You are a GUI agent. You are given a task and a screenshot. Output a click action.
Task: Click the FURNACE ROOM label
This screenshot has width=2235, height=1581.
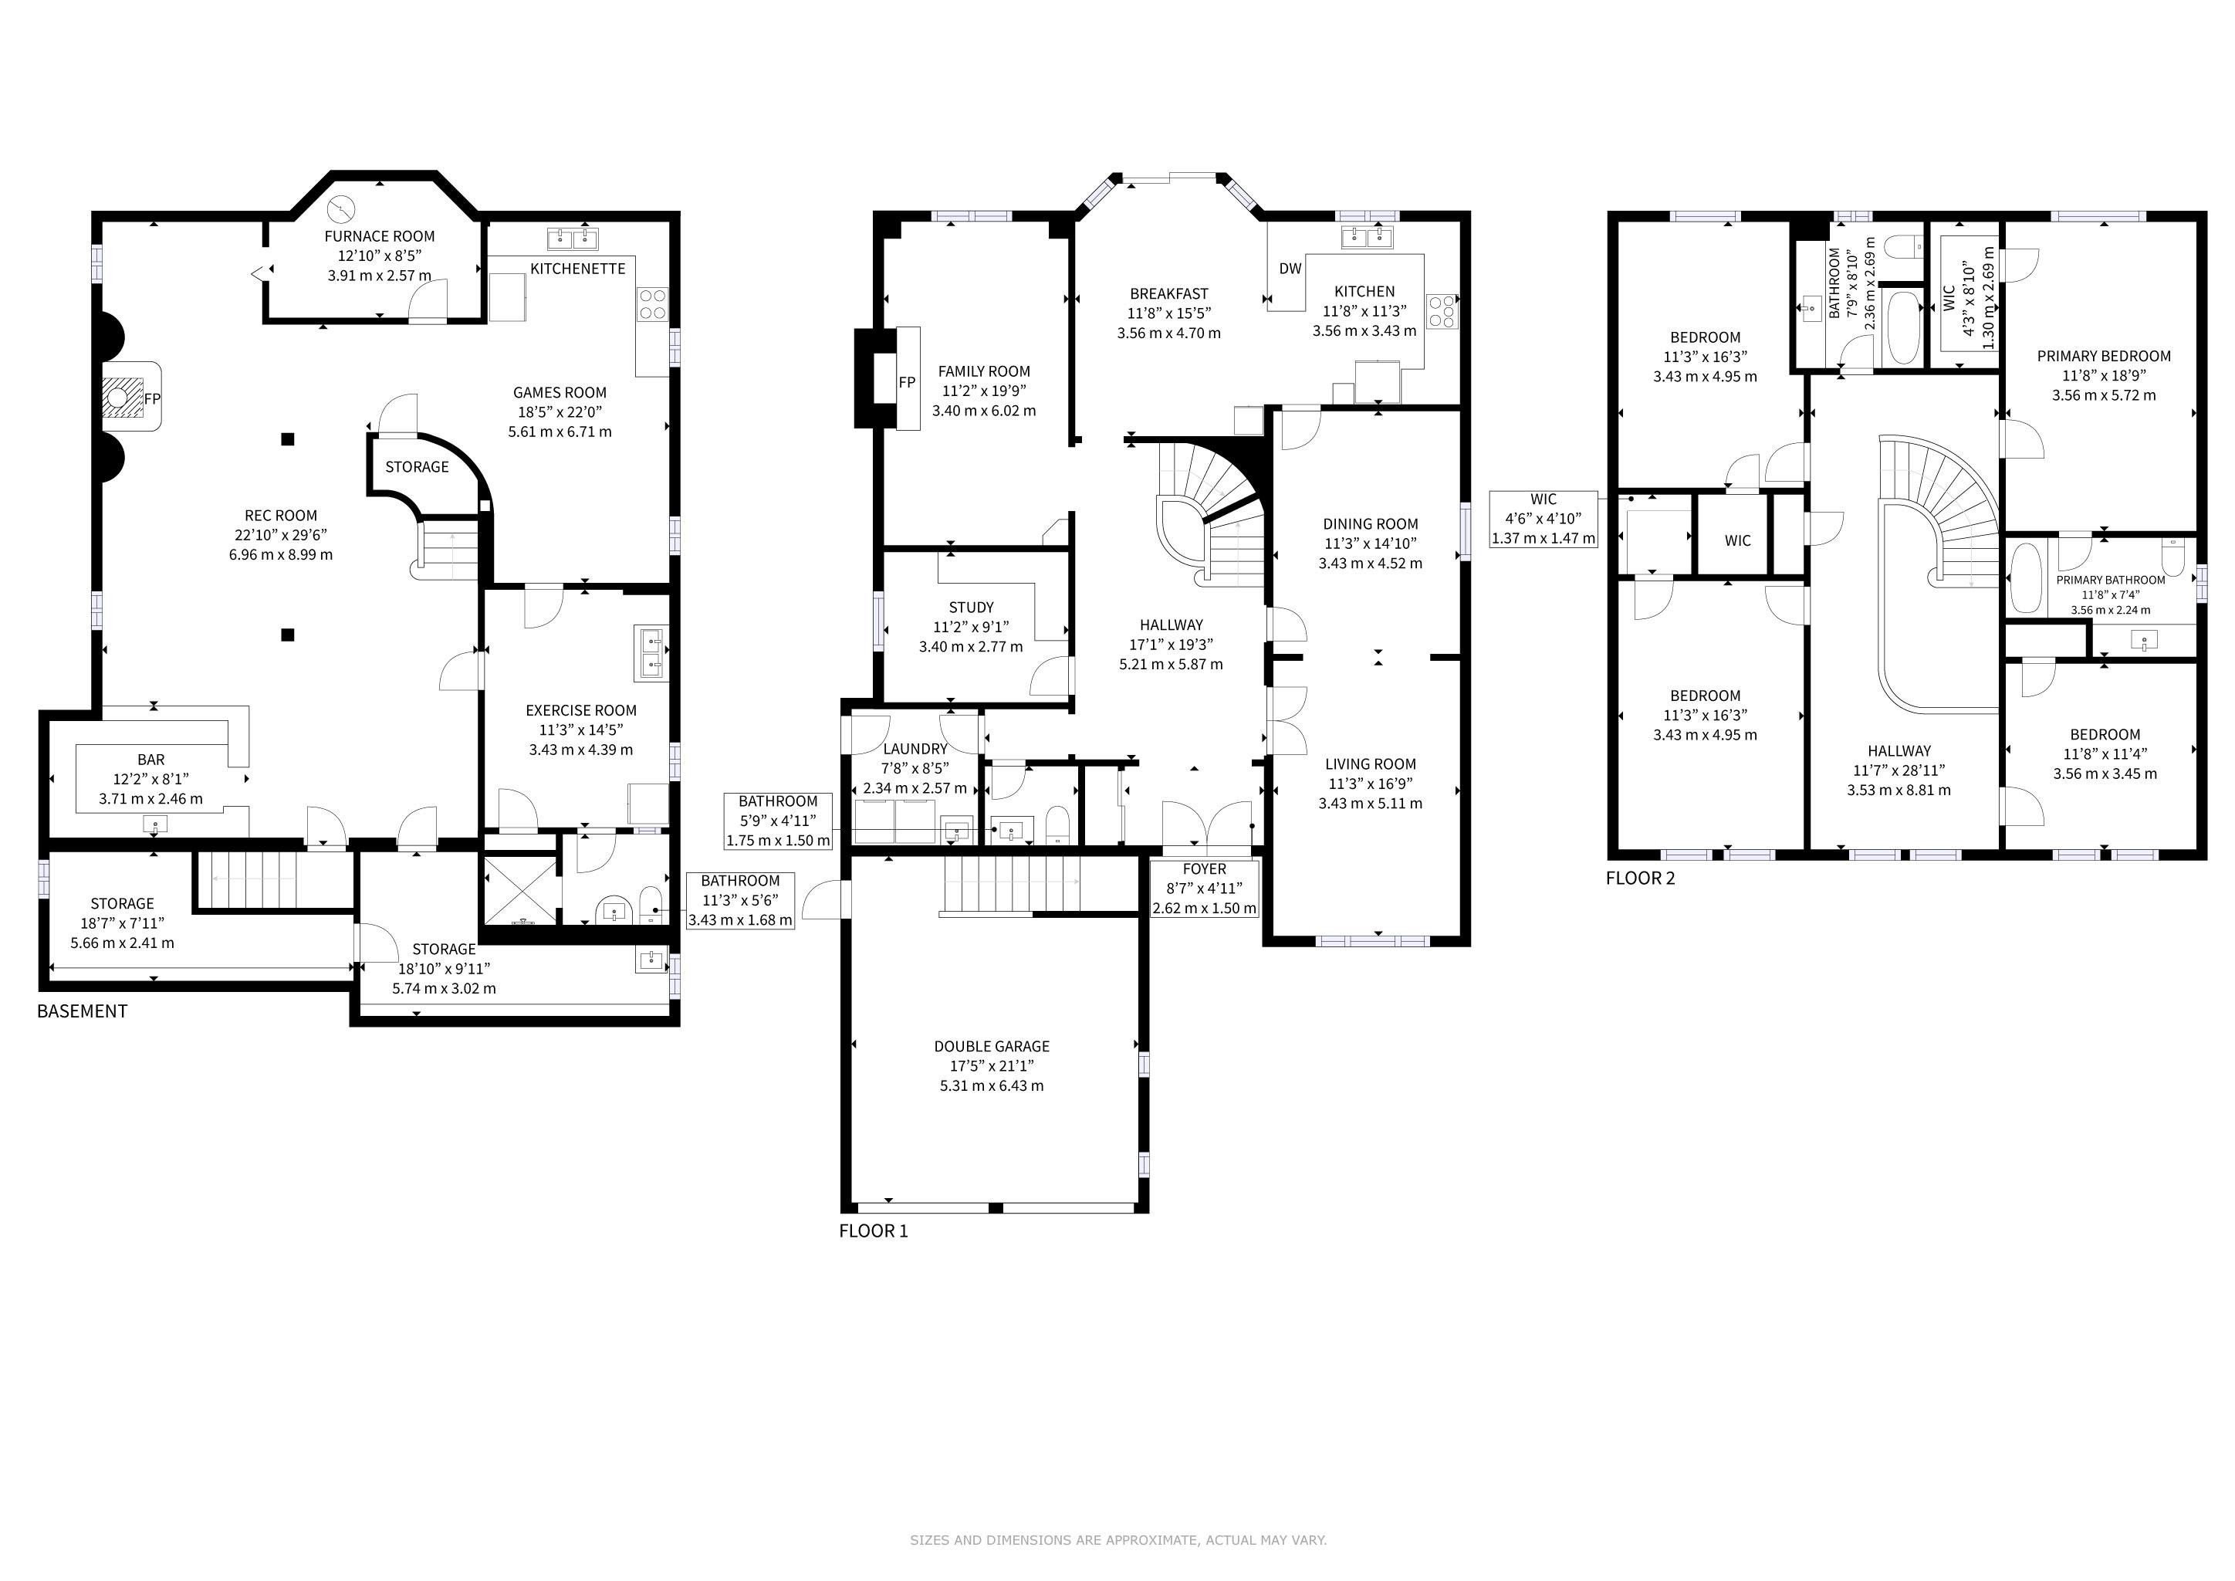pos(380,236)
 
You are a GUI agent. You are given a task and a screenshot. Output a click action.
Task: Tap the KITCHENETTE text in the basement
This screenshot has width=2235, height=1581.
pos(578,269)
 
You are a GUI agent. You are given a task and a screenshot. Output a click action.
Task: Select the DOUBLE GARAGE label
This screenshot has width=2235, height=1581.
pos(992,1047)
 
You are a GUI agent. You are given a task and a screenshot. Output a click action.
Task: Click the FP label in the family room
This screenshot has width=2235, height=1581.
pos(908,383)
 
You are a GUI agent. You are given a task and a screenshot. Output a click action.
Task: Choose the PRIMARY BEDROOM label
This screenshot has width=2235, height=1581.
pos(2105,357)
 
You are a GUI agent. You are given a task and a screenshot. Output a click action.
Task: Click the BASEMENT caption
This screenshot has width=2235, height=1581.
pos(83,1011)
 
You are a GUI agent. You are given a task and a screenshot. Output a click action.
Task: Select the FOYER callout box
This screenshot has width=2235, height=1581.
pos(1204,889)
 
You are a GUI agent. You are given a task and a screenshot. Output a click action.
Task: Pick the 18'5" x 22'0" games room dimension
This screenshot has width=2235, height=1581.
pos(560,411)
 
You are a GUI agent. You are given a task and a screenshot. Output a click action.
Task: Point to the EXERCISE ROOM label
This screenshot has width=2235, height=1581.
pos(581,711)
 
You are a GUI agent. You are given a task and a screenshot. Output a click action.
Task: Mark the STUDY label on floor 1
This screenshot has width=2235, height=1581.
pos(972,608)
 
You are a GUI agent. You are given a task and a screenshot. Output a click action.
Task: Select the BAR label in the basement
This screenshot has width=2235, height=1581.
pos(151,760)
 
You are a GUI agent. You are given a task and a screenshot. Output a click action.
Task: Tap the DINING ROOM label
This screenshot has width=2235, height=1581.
pos(1371,523)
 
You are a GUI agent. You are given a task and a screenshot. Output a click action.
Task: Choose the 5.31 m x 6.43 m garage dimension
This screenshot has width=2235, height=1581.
pos(992,1085)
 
